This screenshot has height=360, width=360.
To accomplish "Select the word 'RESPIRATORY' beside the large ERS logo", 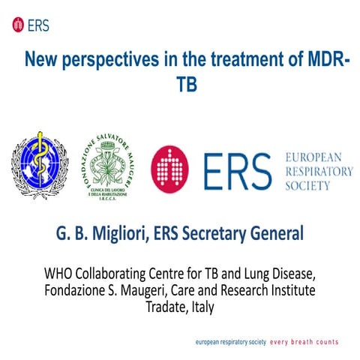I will point(319,170).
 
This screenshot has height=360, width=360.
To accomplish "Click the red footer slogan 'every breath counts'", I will point(304,341).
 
